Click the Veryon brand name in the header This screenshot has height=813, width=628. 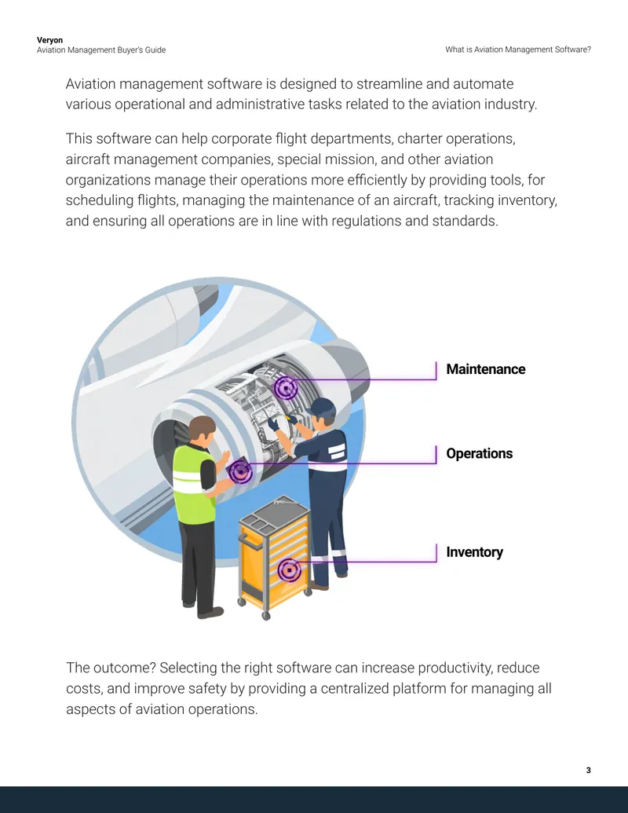(x=49, y=40)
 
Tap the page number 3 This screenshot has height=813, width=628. (x=588, y=770)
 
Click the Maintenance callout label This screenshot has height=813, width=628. (x=485, y=369)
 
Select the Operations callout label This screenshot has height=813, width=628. (x=480, y=454)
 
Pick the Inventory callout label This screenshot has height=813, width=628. (x=475, y=552)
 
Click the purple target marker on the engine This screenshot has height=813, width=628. (x=286, y=388)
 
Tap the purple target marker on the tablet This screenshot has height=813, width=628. (x=240, y=471)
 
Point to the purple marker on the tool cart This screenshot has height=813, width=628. (x=289, y=569)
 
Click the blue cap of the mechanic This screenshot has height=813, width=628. (x=321, y=408)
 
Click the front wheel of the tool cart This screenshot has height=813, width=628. (x=266, y=616)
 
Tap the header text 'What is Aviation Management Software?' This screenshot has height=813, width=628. (x=518, y=49)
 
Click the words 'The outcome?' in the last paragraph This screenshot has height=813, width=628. (x=111, y=668)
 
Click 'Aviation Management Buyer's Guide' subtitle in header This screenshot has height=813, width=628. (x=101, y=50)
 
